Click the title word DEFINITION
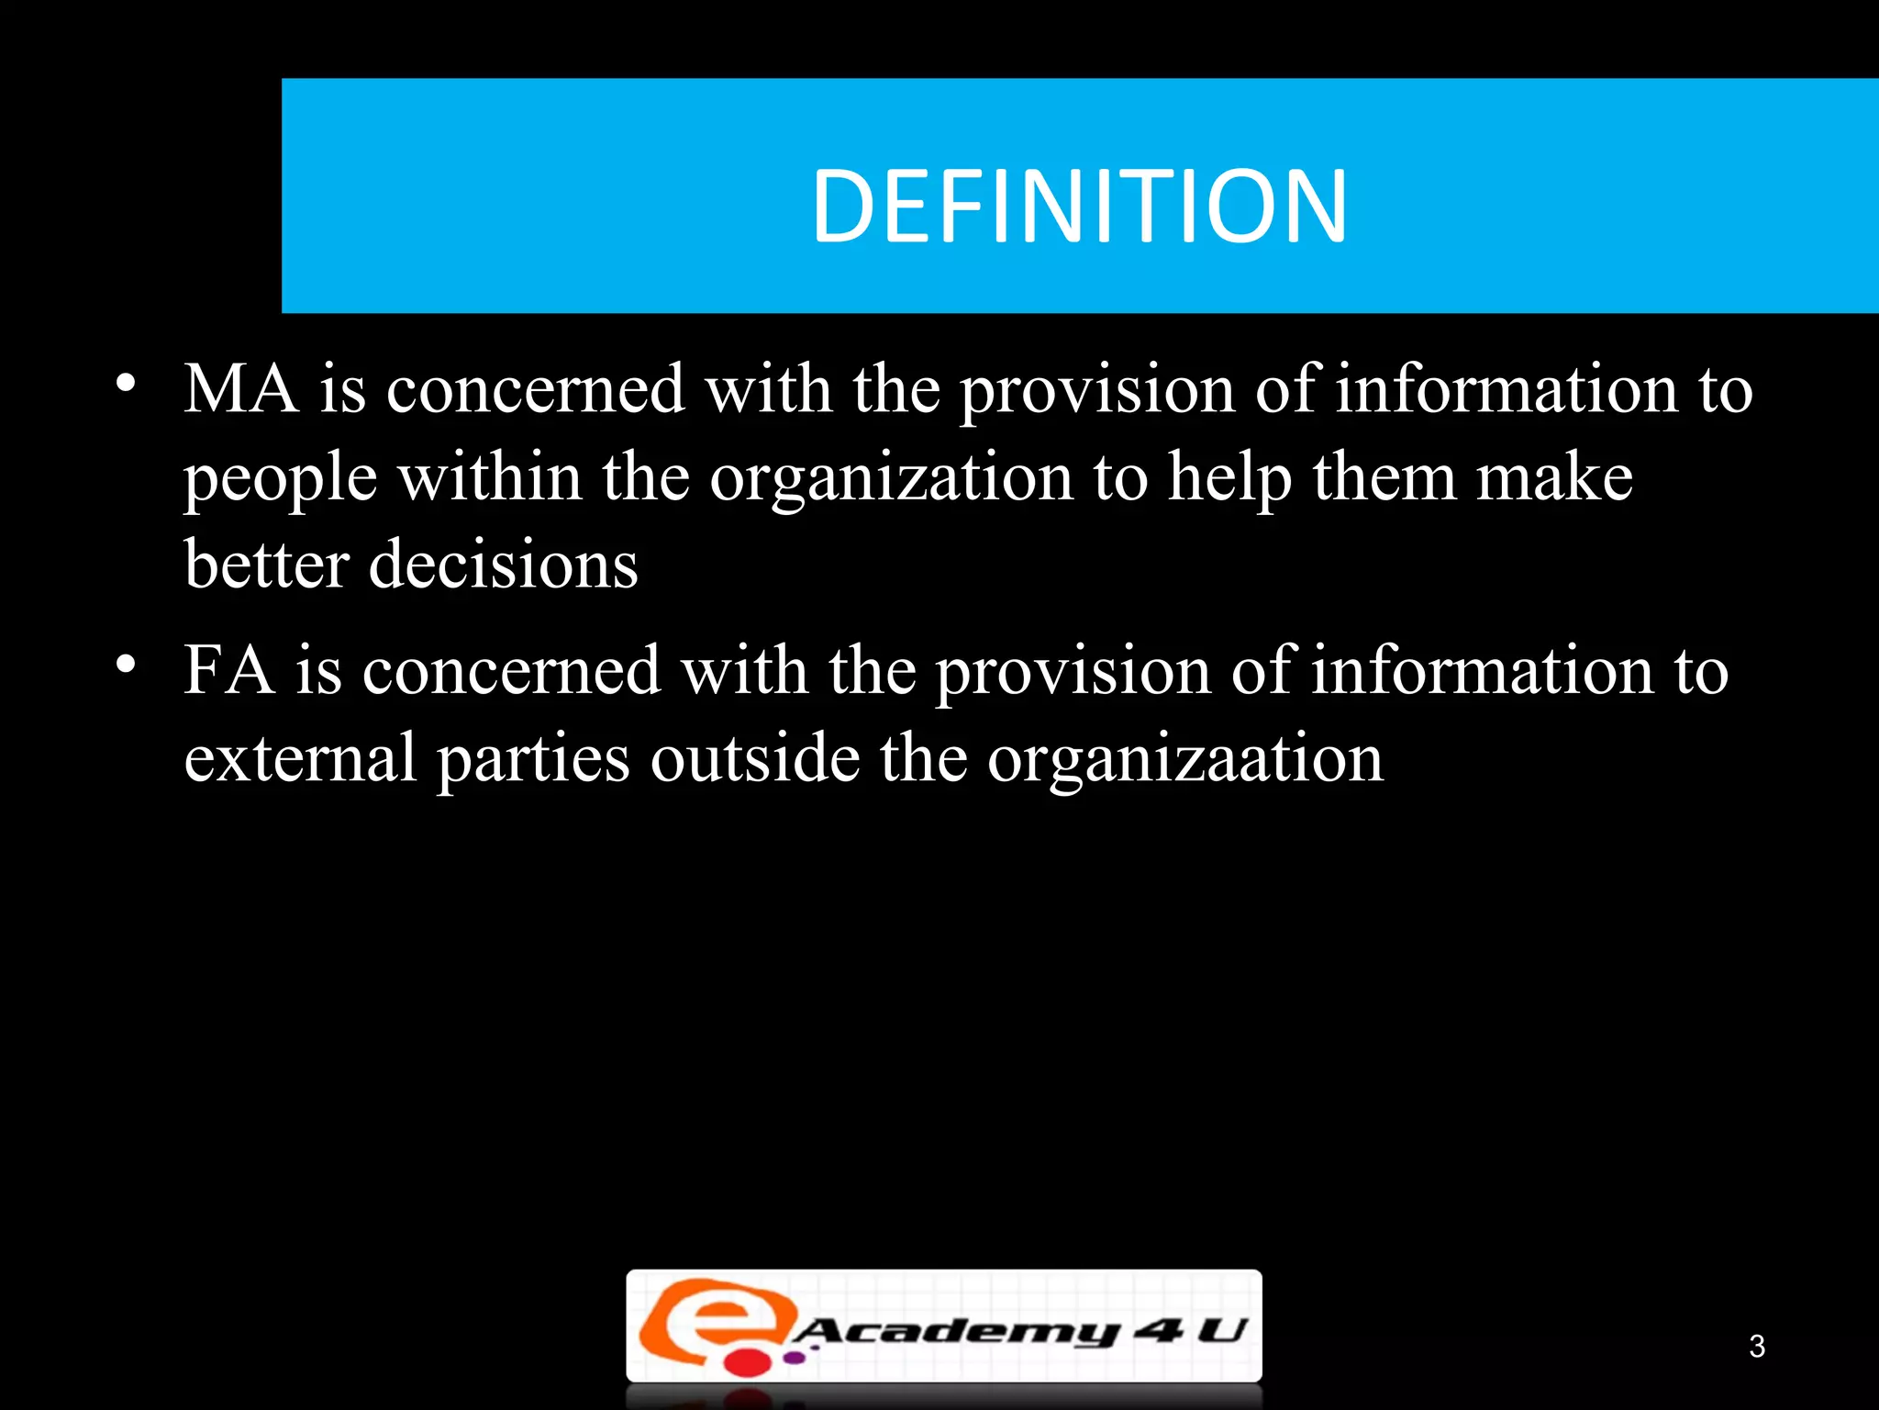pos(1079,207)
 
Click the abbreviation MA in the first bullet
pos(241,389)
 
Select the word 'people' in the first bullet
pos(281,479)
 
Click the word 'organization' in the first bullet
pos(891,479)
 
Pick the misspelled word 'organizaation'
pos(1184,760)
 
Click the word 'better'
pos(266,564)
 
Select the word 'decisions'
pos(503,564)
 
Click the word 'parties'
pos(533,760)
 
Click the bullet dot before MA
pos(126,383)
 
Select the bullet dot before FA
pos(126,664)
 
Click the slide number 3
pos(1756,1346)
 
